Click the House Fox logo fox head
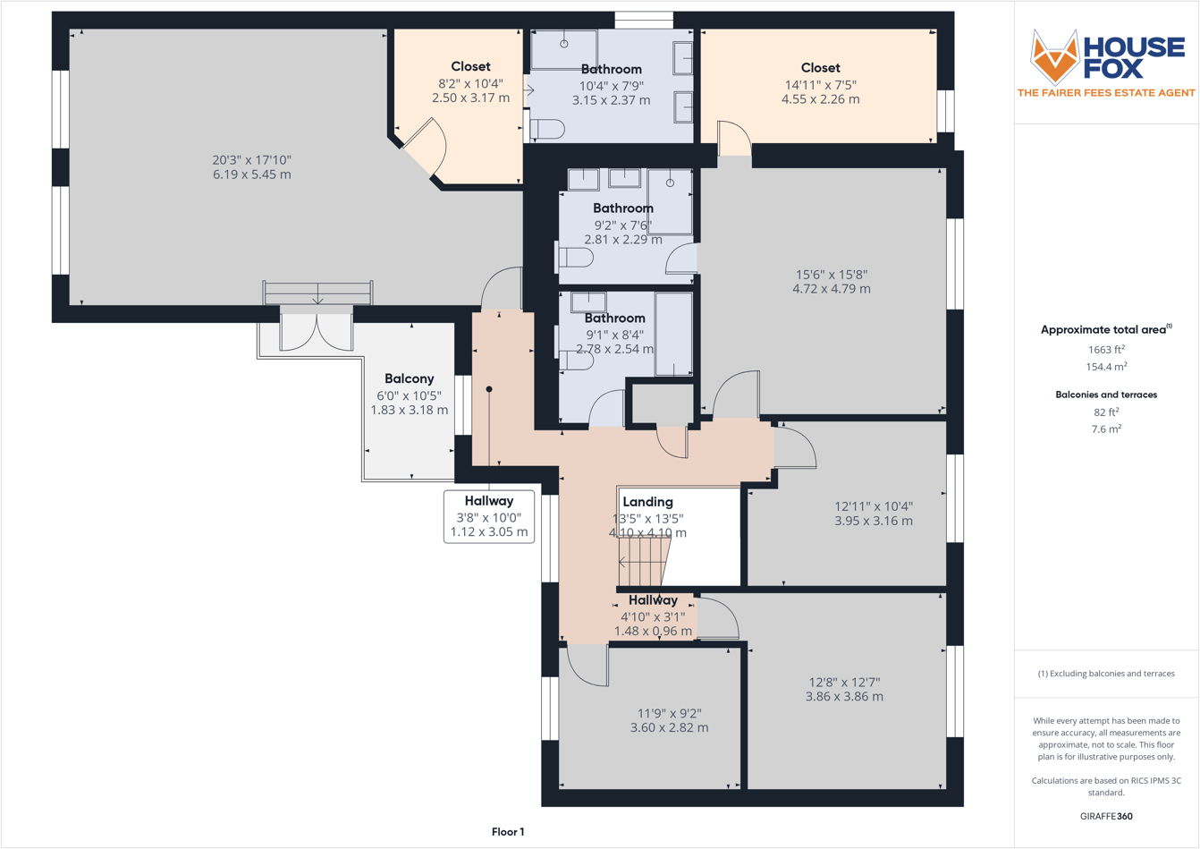(1055, 57)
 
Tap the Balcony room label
(409, 378)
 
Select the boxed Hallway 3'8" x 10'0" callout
(489, 516)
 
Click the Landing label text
(647, 502)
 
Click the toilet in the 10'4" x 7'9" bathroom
(547, 130)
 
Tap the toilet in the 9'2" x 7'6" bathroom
(575, 259)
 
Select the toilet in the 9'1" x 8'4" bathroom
(576, 360)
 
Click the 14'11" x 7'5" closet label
(820, 83)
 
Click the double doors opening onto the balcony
(317, 329)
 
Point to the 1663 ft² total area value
(1106, 350)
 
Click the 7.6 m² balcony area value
(1106, 429)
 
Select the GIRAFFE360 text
(1106, 816)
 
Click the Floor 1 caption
(508, 832)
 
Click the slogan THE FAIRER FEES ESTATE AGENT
(1106, 92)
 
